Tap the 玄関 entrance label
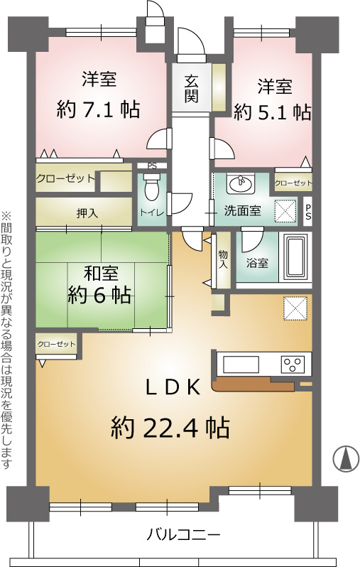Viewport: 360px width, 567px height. coord(192,89)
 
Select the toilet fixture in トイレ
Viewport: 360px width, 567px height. coord(151,189)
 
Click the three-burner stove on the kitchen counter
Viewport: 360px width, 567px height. coord(293,364)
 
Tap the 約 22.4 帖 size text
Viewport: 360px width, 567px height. coord(170,428)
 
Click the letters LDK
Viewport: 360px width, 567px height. coord(177,387)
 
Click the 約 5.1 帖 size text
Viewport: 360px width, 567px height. coord(272,112)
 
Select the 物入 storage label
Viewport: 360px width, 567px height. coord(223,259)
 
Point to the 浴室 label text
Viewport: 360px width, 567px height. coord(257,263)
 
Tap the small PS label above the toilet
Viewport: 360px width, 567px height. coord(151,166)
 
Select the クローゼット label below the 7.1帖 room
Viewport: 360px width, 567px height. coord(65,179)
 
